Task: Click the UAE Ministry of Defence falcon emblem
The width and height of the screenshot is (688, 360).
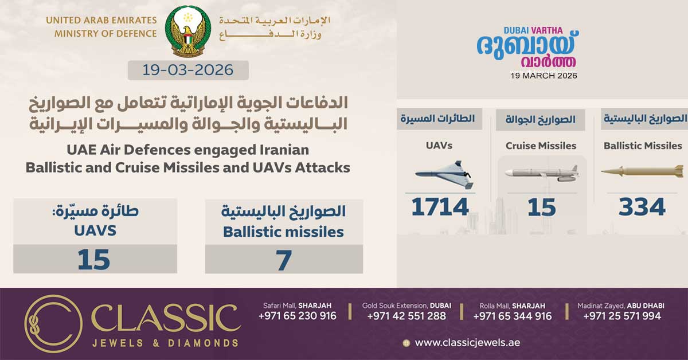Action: click(x=188, y=31)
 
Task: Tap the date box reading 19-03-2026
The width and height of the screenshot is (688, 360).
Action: click(x=188, y=71)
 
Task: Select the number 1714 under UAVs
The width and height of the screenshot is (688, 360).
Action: click(x=440, y=207)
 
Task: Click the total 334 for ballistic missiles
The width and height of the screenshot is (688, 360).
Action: click(x=642, y=207)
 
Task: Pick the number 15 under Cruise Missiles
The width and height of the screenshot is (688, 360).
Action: click(x=541, y=208)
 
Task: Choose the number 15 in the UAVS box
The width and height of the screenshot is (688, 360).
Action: click(x=93, y=260)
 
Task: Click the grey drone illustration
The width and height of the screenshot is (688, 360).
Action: click(x=444, y=175)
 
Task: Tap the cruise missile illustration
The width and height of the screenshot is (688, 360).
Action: click(x=542, y=173)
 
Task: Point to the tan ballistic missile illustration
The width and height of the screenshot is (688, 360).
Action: click(x=643, y=171)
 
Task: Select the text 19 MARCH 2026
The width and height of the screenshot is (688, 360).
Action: click(x=544, y=76)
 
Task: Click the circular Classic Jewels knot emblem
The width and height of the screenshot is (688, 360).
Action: click(x=53, y=323)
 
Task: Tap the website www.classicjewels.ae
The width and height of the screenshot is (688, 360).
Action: click(x=467, y=342)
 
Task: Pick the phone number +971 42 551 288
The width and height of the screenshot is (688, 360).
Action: click(x=406, y=316)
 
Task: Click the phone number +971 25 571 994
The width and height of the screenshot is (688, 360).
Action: click(x=622, y=316)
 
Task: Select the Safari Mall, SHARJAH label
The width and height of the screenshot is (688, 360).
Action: click(x=298, y=306)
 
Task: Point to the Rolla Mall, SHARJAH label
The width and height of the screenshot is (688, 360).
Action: click(x=513, y=306)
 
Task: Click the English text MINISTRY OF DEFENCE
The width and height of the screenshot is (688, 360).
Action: click(x=105, y=33)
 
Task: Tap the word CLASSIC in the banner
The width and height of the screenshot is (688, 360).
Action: click(x=166, y=318)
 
